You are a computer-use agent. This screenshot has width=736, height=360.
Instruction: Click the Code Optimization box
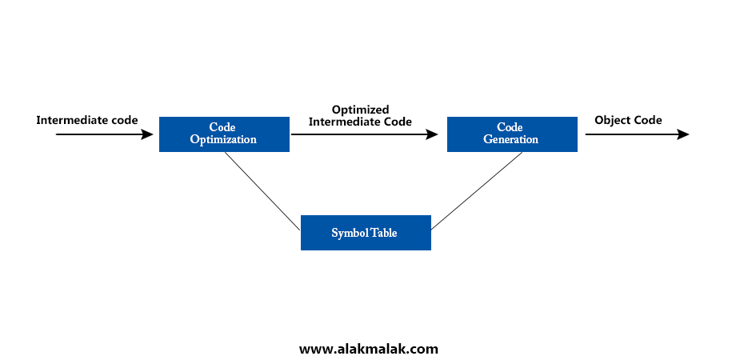224,134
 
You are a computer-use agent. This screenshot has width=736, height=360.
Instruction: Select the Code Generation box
511,134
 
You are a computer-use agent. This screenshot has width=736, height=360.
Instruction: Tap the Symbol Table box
366,233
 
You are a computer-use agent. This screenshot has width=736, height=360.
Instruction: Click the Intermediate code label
87,120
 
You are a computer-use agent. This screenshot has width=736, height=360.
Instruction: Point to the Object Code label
628,120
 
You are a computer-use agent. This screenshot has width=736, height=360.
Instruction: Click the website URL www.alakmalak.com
369,349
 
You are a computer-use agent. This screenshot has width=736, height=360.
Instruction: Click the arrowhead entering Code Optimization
147,134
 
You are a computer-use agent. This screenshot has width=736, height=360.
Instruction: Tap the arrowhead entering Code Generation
434,134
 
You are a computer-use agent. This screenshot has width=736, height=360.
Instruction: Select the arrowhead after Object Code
683,134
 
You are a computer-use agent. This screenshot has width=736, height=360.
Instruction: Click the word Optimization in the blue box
223,140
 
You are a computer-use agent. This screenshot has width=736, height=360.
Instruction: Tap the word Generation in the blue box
510,140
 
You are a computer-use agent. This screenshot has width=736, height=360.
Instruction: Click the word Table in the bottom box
384,233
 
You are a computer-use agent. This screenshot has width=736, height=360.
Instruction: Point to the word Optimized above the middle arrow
360,110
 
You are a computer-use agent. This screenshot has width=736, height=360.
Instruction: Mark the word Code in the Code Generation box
510,127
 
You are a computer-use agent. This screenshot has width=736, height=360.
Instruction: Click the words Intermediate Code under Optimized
360,122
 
